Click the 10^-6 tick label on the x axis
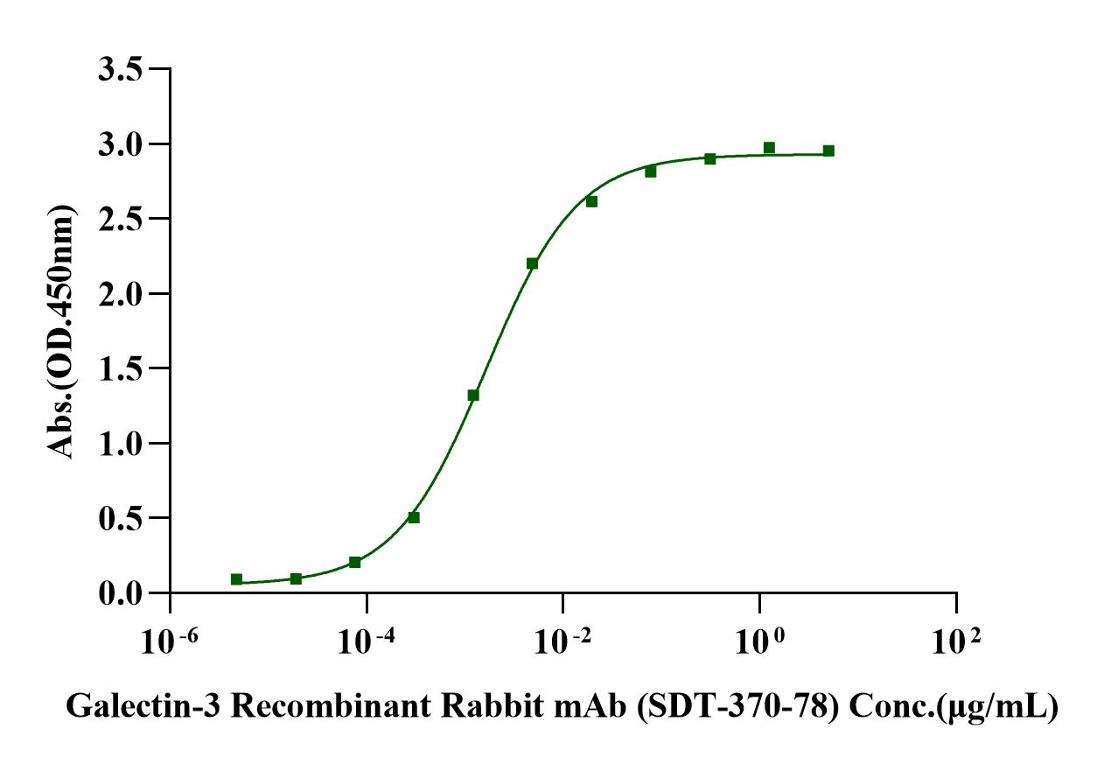171,643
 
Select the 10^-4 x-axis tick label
367,643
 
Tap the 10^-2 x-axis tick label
563,643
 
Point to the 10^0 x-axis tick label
759,643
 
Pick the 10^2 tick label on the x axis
956,643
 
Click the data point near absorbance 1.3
473,395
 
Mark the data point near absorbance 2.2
532,263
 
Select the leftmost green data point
236,579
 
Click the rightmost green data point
828,151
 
